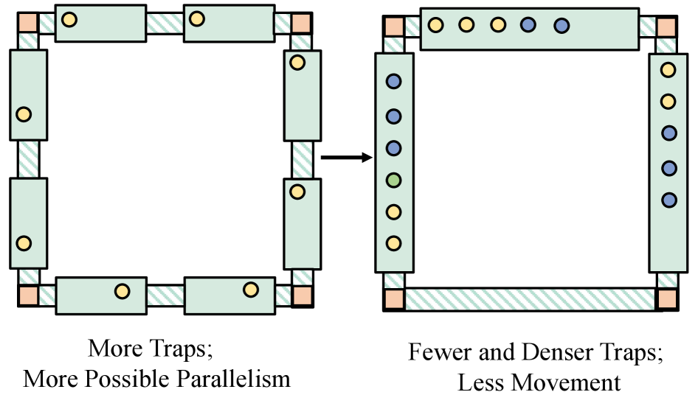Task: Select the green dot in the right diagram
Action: (393, 180)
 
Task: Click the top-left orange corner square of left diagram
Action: (28, 22)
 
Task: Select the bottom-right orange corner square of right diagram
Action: (667, 299)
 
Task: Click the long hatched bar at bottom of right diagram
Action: (531, 299)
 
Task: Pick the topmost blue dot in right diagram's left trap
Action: (393, 82)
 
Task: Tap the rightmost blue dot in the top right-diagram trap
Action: (561, 25)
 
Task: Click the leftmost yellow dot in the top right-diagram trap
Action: (435, 25)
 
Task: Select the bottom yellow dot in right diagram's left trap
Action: (393, 242)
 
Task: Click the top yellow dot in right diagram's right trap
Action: (668, 70)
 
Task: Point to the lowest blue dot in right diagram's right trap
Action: (668, 200)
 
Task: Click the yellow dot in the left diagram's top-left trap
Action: (69, 19)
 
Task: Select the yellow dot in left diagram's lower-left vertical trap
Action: (24, 242)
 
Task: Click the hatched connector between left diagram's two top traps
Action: (165, 23)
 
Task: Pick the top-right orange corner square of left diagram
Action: (300, 23)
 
